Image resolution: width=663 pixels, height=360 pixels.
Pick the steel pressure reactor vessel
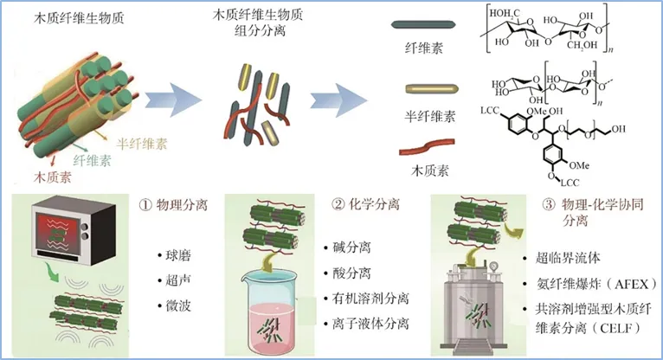[x=471, y=307]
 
